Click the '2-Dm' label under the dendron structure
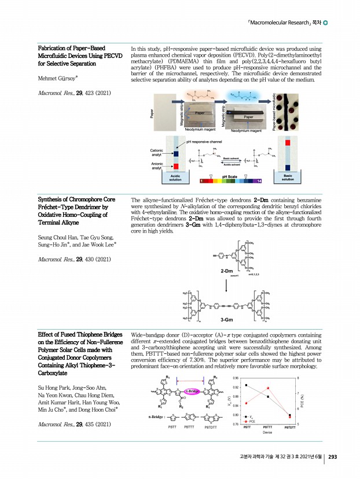(x=226, y=270)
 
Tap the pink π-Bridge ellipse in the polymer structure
(x=193, y=391)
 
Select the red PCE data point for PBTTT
(x=267, y=388)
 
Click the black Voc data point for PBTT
(x=247, y=385)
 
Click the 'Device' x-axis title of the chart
(x=267, y=433)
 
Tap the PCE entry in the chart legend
(x=249, y=421)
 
